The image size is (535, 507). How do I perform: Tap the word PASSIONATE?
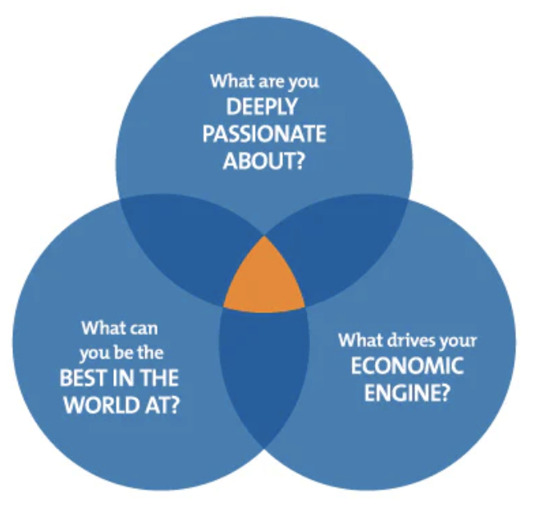264,133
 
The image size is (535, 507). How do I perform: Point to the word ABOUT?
264,160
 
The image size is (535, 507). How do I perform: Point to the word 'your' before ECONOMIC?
459,340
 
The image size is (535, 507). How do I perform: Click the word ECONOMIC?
407,366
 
